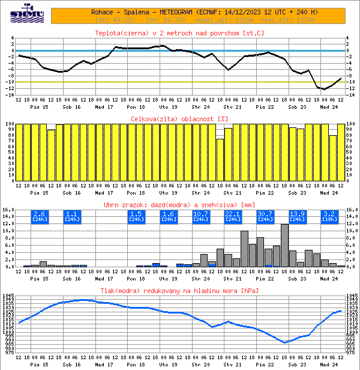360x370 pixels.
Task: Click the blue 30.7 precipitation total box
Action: click(265, 216)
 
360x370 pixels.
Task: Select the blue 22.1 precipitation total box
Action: click(232, 216)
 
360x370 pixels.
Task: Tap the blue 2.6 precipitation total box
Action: click(40, 216)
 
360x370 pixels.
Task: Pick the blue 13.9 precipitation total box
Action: click(297, 216)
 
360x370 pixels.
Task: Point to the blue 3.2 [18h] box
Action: click(329, 216)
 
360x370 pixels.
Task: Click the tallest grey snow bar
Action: click(284, 245)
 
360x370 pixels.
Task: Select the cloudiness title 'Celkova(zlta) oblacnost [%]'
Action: click(179, 119)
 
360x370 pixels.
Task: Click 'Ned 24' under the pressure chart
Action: click(329, 365)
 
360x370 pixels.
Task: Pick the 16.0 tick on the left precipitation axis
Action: click(8, 210)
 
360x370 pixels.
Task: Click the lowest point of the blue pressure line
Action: click(285, 343)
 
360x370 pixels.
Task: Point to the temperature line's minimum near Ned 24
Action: click(325, 89)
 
